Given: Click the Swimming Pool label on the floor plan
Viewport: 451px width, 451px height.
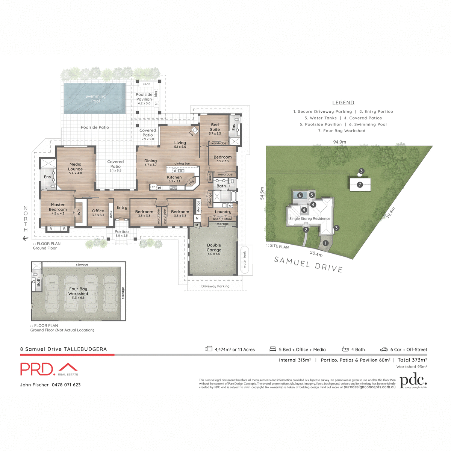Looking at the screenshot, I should click(95, 98).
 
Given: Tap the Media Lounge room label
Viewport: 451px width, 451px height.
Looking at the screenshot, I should click(75, 167).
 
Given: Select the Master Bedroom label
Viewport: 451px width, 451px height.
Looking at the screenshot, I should click(58, 207).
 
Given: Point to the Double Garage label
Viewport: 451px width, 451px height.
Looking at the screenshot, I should click(214, 248).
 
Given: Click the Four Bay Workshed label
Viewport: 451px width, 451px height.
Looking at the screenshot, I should click(78, 291).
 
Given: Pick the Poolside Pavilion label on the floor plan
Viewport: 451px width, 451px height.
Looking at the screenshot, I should click(144, 97).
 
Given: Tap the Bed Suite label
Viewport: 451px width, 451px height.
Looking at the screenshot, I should click(215, 127).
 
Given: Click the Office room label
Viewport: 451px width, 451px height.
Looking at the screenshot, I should click(98, 211).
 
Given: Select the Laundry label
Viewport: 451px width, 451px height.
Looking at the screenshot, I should click(223, 212).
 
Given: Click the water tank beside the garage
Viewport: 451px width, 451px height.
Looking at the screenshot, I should click(245, 259).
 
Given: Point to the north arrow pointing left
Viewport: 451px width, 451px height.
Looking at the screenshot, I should click(26, 238).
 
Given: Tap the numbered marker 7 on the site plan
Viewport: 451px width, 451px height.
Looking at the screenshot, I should click(360, 185).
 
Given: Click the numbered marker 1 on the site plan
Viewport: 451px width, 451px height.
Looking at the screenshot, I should click(325, 243).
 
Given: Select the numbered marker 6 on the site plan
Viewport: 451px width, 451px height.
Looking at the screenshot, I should click(300, 195).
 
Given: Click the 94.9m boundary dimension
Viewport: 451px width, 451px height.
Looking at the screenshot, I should click(339, 142).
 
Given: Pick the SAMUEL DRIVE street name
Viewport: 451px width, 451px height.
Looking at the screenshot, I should click(308, 264).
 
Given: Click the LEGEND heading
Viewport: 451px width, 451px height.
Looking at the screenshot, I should click(343, 103).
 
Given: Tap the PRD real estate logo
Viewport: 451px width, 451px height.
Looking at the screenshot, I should click(49, 369).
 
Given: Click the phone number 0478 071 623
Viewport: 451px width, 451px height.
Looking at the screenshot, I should click(66, 385).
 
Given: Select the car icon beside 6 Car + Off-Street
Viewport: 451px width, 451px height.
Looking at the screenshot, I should click(384, 350).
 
